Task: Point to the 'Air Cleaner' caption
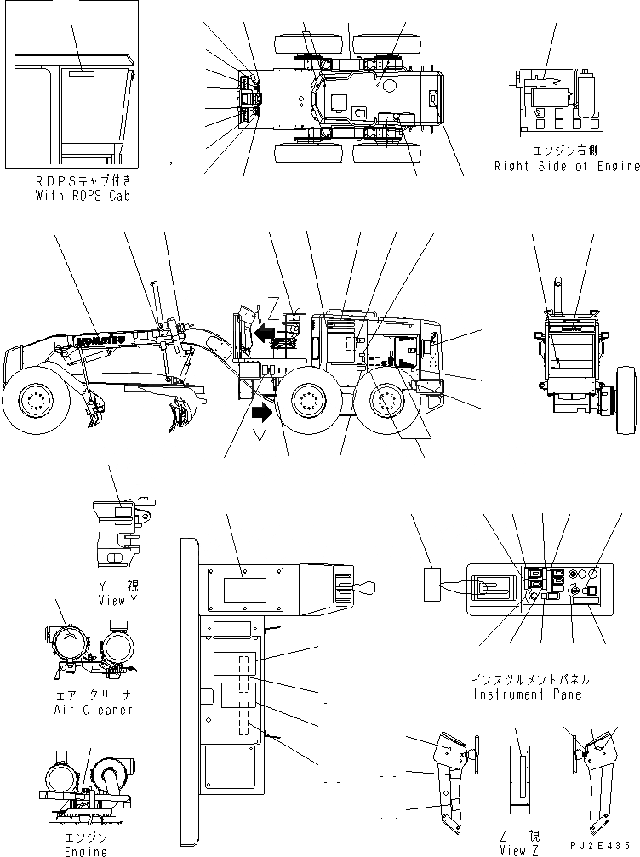tap(92, 709)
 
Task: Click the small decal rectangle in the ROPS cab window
tap(82, 74)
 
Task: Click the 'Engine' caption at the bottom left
tap(86, 851)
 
